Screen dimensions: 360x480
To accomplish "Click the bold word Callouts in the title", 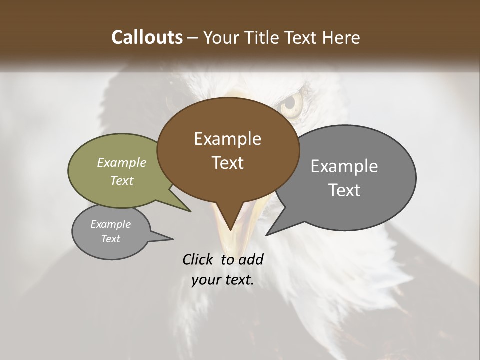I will pos(147,37).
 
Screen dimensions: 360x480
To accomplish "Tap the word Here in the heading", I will pos(341,37).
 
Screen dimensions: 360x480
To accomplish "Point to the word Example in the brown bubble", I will pos(227,139).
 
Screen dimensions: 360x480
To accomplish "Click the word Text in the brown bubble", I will pos(227,163).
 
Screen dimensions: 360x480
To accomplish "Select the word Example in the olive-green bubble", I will pos(122,162).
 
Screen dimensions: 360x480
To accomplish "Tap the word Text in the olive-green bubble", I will pos(122,180).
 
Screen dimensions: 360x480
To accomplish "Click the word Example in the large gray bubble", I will pos(344,166).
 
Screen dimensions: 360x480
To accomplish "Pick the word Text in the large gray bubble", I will pos(344,190).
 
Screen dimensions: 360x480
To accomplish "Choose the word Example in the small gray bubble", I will pos(110,224).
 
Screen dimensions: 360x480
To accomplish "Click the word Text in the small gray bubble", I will pos(110,239).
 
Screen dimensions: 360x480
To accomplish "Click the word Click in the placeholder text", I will pos(199,259).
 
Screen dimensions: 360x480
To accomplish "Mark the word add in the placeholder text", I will pos(251,259).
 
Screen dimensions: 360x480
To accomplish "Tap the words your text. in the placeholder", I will pos(223,280).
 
